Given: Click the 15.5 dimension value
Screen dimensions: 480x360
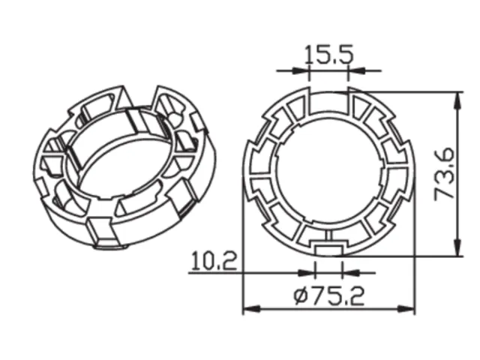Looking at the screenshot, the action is [x=329, y=55].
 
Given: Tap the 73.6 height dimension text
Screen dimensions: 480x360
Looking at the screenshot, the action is [x=445, y=174].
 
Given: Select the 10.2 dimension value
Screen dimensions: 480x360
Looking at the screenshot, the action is [x=214, y=261].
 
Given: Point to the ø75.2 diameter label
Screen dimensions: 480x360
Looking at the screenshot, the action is [x=329, y=296].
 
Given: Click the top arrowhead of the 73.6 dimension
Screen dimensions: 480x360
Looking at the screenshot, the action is [x=457, y=100].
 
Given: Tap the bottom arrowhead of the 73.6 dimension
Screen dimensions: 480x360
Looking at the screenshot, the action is [x=457, y=247].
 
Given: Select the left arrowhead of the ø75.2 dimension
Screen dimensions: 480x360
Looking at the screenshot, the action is [x=252, y=309].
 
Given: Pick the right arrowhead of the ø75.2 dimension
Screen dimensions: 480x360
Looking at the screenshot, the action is [x=406, y=309].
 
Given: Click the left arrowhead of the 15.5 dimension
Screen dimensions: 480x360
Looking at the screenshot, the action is [x=300, y=70].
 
